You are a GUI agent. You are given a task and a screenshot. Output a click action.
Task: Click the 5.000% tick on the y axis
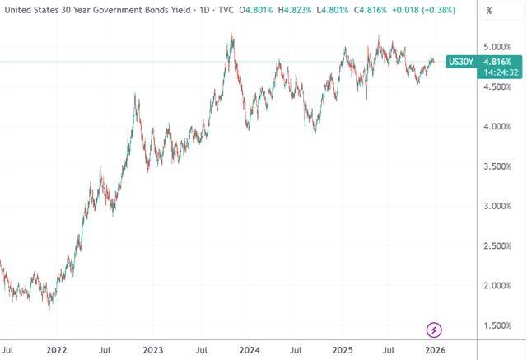tap(478, 47)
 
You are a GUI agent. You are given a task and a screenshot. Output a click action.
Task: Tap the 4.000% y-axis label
tap(478, 127)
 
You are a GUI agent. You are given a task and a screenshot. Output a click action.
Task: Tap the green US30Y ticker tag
tap(459, 61)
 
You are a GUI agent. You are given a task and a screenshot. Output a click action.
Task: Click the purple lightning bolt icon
tap(434, 330)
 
